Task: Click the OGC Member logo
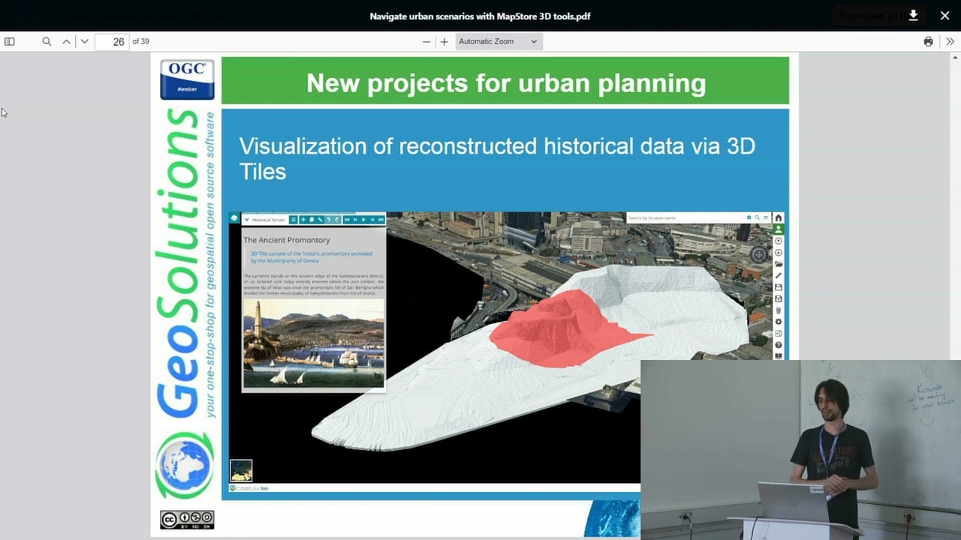click(187, 79)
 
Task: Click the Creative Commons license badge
click(187, 520)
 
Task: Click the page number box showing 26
click(113, 42)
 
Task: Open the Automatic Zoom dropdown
click(498, 42)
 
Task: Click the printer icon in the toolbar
click(929, 42)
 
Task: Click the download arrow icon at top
click(914, 16)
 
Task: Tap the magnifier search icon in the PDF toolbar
click(47, 42)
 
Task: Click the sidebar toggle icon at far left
click(10, 42)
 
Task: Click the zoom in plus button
click(444, 42)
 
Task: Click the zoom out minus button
click(426, 42)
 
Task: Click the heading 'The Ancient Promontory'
click(287, 240)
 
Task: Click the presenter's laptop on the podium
click(793, 501)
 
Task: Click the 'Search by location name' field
click(683, 218)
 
